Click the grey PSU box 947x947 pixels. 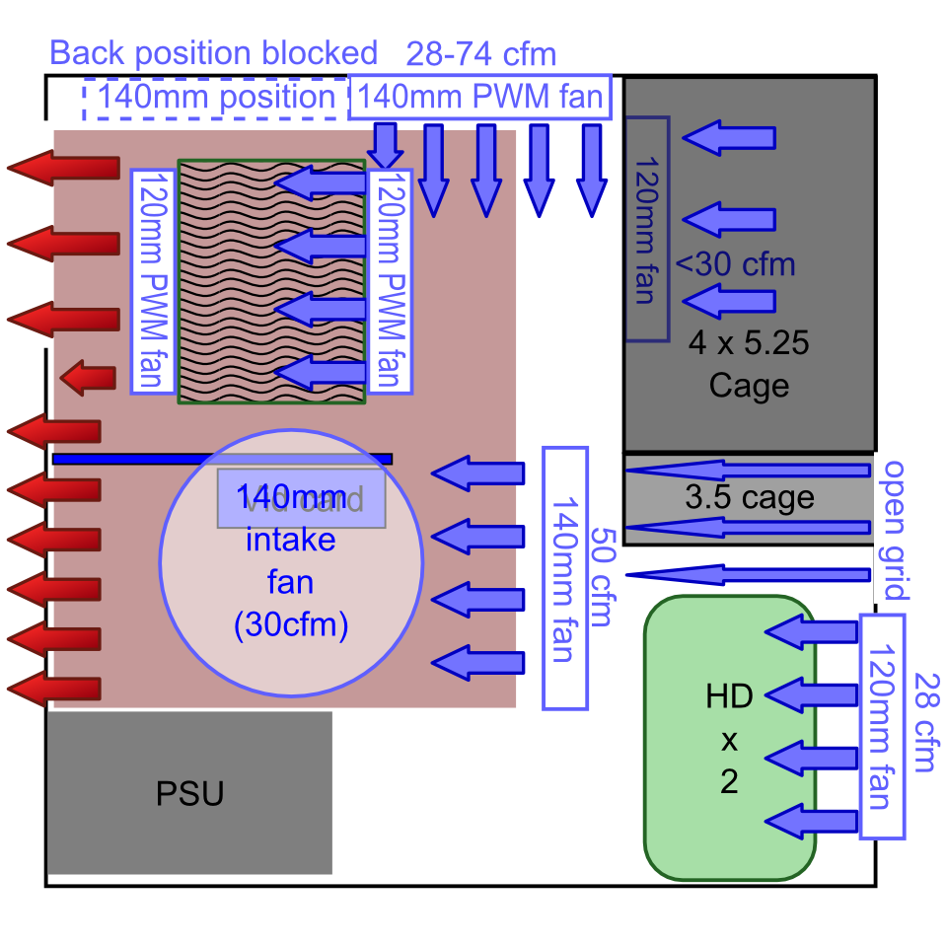click(189, 792)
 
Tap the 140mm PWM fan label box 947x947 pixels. click(479, 98)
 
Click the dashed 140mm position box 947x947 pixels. click(217, 98)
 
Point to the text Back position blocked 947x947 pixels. click(213, 52)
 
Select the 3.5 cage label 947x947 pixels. click(749, 498)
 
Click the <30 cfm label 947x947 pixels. click(735, 264)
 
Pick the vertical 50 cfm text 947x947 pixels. click(600, 577)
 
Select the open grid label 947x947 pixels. click(894, 530)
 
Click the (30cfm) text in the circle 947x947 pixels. click(290, 625)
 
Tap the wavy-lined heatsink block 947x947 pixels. click(271, 281)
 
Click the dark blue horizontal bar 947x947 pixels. click(222, 459)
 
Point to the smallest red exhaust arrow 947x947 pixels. click(87, 377)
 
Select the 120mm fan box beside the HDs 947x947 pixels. click(883, 725)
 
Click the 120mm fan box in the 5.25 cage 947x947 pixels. click(646, 229)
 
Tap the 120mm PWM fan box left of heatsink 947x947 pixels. click(153, 281)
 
